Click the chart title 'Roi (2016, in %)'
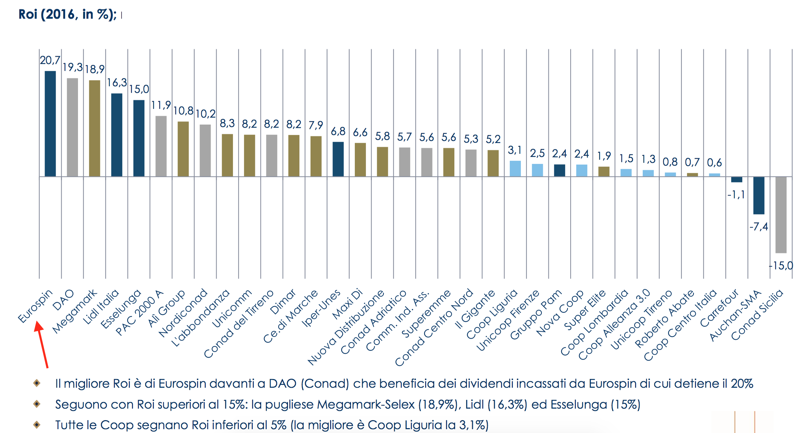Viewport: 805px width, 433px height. tap(67, 14)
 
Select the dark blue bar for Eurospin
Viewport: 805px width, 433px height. tap(50, 124)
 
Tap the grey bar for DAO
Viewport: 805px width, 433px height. tap(72, 127)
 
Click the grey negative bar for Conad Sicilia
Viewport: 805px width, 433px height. tap(781, 214)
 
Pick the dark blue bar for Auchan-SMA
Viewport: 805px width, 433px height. tap(759, 195)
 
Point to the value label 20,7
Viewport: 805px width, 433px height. tap(50, 60)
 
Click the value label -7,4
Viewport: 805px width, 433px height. tap(759, 227)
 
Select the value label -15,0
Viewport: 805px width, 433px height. tap(781, 266)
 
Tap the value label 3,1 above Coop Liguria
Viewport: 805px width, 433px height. tap(515, 150)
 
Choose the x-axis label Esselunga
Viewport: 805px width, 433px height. tap(121, 309)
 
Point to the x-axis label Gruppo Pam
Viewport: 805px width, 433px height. tap(536, 314)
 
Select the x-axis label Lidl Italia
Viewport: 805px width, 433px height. tap(101, 307)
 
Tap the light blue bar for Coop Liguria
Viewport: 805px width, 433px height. tap(515, 168)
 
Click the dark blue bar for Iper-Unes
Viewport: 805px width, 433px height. tap(338, 159)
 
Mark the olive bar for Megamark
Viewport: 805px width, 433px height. tap(95, 128)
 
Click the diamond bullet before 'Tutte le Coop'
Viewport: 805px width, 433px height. tap(37, 425)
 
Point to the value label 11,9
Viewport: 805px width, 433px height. tap(161, 105)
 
